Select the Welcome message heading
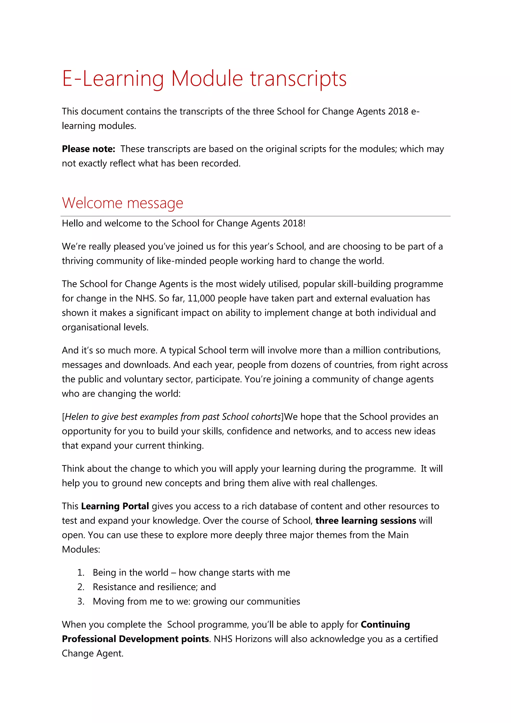(x=123, y=203)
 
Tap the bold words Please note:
(x=88, y=149)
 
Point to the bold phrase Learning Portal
(x=115, y=506)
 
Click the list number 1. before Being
(x=81, y=572)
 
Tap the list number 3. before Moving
(x=81, y=601)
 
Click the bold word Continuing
(x=385, y=624)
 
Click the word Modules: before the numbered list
(x=81, y=549)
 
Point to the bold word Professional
(x=89, y=639)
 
